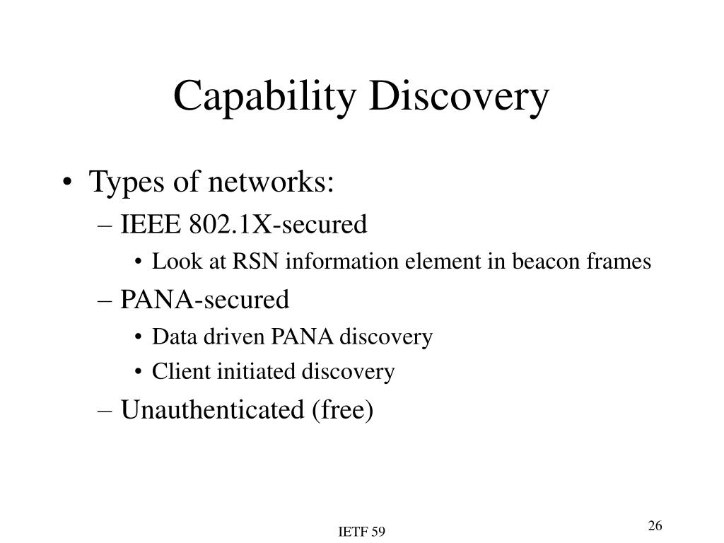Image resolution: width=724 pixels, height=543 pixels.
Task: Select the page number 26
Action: pyautogui.click(x=654, y=525)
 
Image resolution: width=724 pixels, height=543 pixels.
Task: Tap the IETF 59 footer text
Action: pyautogui.click(x=361, y=532)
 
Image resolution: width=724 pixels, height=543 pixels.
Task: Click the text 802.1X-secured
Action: pyautogui.click(x=279, y=225)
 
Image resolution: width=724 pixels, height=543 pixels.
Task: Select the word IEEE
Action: pyautogui.click(x=152, y=225)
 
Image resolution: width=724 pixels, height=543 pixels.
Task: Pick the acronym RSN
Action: pyautogui.click(x=248, y=262)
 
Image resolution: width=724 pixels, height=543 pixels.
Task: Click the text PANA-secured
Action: pyautogui.click(x=205, y=300)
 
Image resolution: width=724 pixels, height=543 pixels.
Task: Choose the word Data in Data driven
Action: pyautogui.click(x=168, y=337)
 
